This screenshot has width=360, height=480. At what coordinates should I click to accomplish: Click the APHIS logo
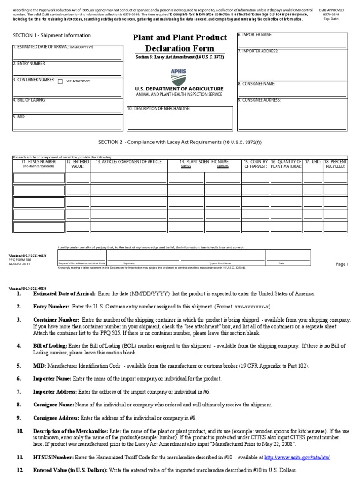[178, 76]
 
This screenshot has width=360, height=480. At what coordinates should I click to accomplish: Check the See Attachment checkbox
[60, 81]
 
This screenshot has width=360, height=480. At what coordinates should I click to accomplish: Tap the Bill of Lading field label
[29, 100]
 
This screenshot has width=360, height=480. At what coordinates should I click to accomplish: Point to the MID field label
[19, 116]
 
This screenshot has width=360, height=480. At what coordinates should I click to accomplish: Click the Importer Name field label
[255, 35]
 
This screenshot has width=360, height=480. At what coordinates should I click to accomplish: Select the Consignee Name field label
[256, 84]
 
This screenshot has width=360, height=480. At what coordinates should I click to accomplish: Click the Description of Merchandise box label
[159, 109]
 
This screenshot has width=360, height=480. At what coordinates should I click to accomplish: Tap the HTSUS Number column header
[39, 162]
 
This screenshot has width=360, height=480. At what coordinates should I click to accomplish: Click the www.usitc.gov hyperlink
[303, 457]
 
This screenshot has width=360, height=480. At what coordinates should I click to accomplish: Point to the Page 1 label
[342, 264]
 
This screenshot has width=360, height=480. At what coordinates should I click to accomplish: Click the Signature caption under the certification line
[128, 263]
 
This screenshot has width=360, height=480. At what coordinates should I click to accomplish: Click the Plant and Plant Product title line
[180, 37]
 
